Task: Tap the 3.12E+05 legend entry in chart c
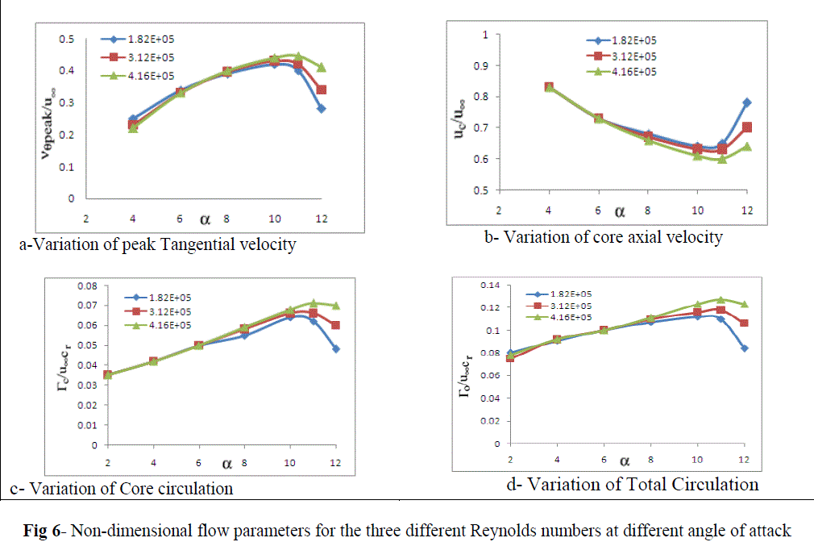(x=165, y=311)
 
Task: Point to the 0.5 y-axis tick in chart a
(x=69, y=40)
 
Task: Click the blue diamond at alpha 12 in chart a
(x=321, y=108)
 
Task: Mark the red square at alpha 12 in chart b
(x=747, y=127)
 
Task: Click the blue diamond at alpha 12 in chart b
(x=747, y=102)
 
